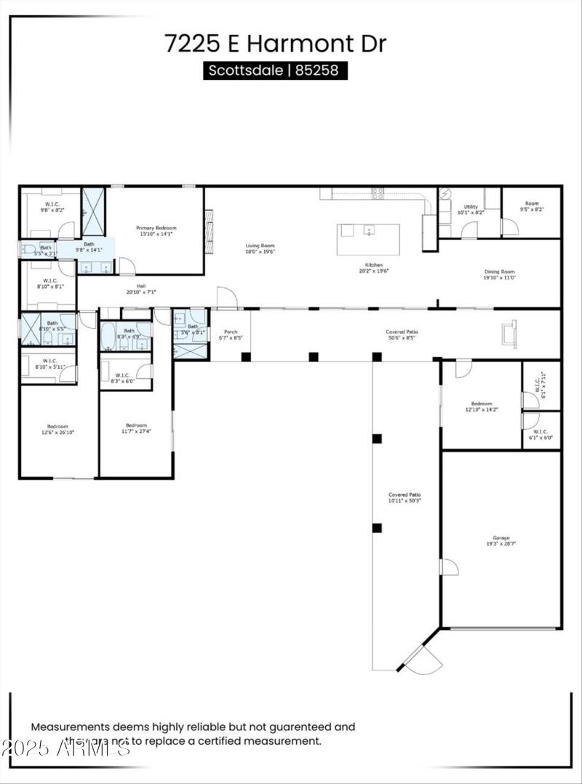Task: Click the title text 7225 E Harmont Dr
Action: pyautogui.click(x=275, y=43)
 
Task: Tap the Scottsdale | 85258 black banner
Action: pyautogui.click(x=275, y=71)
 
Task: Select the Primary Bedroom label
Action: pyautogui.click(x=156, y=228)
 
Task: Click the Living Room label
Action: pyautogui.click(x=260, y=247)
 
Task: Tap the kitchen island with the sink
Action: pyautogui.click(x=368, y=239)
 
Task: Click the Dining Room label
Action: pyautogui.click(x=500, y=272)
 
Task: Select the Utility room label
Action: pyautogui.click(x=471, y=207)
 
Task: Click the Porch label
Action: pyautogui.click(x=231, y=332)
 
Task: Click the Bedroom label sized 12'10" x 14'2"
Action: pyautogui.click(x=481, y=404)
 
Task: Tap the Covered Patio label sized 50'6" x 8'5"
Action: pyautogui.click(x=402, y=332)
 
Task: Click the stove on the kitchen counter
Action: pyautogui.click(x=378, y=193)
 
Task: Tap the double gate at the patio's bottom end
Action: pyautogui.click(x=423, y=656)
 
